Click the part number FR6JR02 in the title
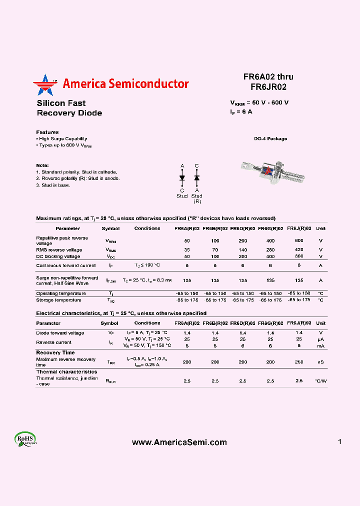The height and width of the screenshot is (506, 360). click(268, 86)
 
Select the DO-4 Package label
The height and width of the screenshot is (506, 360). click(270, 139)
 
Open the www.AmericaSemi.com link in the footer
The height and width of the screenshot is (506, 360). click(179, 442)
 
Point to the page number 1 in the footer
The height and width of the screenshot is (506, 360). click(339, 441)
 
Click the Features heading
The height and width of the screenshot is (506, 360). click(47, 132)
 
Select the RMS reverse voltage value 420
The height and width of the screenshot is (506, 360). click(299, 250)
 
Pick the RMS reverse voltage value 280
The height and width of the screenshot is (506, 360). click(270, 250)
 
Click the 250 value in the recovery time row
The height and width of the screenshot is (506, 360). click(299, 362)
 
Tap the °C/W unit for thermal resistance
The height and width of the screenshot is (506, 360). click(320, 381)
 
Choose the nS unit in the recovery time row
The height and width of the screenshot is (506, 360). click(320, 362)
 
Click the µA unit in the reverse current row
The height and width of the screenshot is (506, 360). click(320, 339)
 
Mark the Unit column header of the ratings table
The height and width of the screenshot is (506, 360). click(320, 228)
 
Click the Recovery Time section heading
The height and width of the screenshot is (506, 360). click(55, 352)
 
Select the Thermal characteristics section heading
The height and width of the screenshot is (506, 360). click(66, 372)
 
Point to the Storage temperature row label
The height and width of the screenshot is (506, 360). click(58, 300)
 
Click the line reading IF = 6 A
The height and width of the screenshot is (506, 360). click(241, 112)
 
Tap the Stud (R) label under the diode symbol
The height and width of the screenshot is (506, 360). click(196, 198)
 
